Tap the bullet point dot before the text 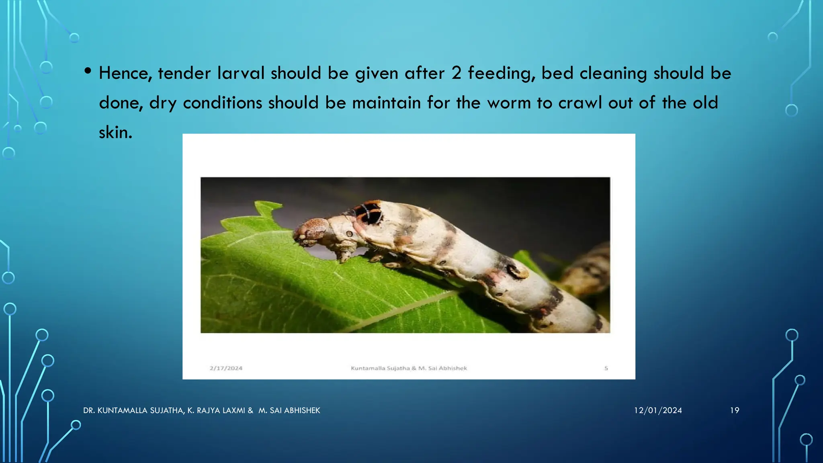[x=88, y=72]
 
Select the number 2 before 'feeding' [x=456, y=74]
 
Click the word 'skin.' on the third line [x=115, y=132]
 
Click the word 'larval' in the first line [x=241, y=74]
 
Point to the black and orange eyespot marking [x=369, y=213]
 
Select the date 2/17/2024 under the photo [x=226, y=368]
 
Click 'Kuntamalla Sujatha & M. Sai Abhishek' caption [x=409, y=368]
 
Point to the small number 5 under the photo [x=606, y=368]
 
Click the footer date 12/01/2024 [x=658, y=410]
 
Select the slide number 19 [x=734, y=410]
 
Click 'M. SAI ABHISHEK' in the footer [x=289, y=410]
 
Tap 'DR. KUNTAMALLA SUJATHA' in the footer [x=133, y=410]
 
